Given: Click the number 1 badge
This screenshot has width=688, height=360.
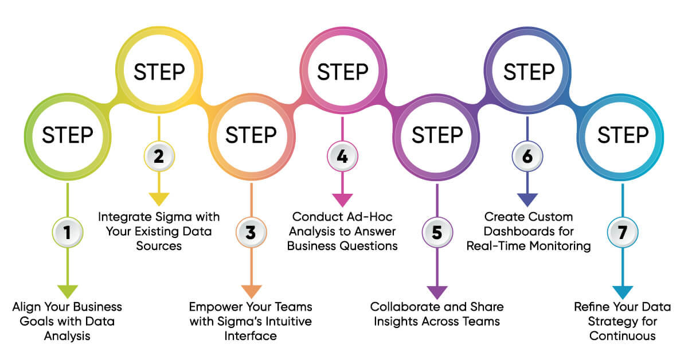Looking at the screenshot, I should pyautogui.click(x=68, y=232).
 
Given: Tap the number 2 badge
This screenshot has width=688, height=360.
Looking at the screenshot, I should pyautogui.click(x=159, y=156).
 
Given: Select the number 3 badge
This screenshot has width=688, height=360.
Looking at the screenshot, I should pyautogui.click(x=251, y=232).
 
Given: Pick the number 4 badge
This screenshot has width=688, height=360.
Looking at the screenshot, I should pyautogui.click(x=342, y=156).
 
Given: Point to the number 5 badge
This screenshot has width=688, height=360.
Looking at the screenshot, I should pyautogui.click(x=437, y=232).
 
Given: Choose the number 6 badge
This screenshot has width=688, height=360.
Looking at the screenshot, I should pyautogui.click(x=527, y=156).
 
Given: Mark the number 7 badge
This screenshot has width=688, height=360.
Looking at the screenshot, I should pyautogui.click(x=622, y=232).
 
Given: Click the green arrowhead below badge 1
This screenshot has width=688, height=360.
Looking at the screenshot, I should pyautogui.click(x=68, y=291).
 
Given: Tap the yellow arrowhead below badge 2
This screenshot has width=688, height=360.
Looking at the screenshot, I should pyautogui.click(x=159, y=199).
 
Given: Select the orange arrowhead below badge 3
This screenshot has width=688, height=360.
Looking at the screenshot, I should pyautogui.click(x=251, y=291).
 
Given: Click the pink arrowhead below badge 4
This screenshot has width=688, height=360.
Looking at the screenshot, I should pyautogui.click(x=342, y=199).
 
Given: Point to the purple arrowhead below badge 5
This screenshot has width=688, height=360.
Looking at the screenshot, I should pyautogui.click(x=437, y=291).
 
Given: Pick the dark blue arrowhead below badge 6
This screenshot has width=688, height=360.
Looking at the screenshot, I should pyautogui.click(x=527, y=199).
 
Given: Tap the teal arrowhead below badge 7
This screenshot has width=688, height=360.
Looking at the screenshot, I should pyautogui.click(x=622, y=291).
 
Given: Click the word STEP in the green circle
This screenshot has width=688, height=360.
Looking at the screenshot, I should pyautogui.click(x=68, y=136).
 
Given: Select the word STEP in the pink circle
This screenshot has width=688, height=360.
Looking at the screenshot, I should pyautogui.click(x=342, y=73).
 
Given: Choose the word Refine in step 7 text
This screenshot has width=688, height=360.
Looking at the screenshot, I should pyautogui.click(x=592, y=307).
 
